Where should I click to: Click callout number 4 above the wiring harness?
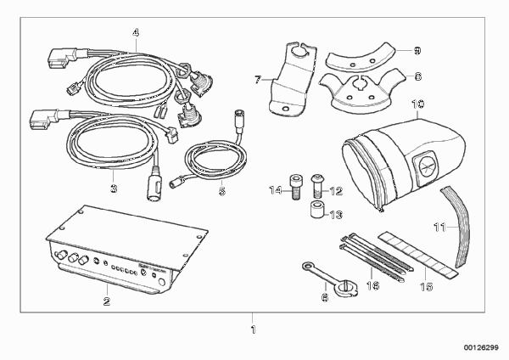(136, 32)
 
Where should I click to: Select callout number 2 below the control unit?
(107, 301)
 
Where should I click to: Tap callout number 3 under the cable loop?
(114, 188)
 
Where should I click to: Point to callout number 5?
(222, 191)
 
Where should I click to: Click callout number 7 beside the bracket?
(258, 80)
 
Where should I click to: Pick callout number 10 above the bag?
(417, 104)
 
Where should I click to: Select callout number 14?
(276, 190)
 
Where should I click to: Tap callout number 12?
(336, 191)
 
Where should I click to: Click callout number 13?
(336, 215)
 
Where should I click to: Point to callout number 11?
(440, 227)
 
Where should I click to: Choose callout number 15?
(427, 287)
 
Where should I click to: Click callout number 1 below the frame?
(253, 329)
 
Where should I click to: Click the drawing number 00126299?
(481, 347)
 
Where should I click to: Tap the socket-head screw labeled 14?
(294, 187)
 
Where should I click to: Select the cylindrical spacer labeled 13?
(316, 210)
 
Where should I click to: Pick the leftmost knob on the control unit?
(60, 256)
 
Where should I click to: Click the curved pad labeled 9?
(361, 56)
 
